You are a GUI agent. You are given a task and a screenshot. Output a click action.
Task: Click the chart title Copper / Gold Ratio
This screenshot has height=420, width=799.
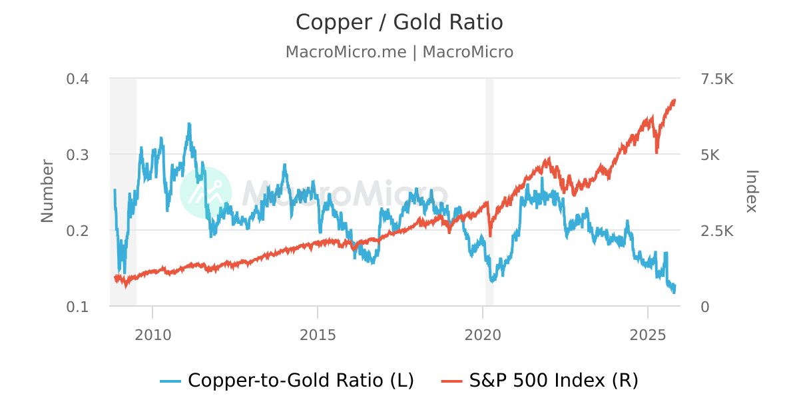pos(400,23)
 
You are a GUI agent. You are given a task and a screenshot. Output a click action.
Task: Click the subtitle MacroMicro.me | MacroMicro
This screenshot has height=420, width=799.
pos(400,52)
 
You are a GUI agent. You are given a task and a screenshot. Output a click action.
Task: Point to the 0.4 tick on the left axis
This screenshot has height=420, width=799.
pos(77,79)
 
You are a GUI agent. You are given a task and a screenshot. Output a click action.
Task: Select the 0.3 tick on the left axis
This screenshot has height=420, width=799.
pos(77,155)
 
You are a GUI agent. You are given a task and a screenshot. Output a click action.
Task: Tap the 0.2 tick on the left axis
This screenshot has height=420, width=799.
pos(77,231)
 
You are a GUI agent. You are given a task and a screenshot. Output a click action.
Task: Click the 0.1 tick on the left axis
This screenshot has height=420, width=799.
pos(77,307)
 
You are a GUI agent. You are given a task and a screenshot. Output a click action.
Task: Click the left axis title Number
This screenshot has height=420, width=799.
pos(47,191)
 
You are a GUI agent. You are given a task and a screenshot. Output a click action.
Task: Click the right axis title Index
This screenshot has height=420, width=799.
pos(751,191)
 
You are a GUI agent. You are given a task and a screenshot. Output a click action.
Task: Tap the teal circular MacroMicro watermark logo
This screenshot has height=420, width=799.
pos(206,192)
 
